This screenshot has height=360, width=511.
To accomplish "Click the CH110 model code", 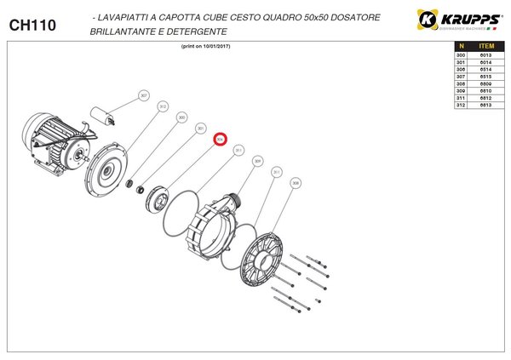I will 32,26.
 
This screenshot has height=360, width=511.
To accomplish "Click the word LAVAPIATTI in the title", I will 129,18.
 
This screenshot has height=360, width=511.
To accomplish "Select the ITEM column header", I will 487,47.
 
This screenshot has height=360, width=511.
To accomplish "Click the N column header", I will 461,47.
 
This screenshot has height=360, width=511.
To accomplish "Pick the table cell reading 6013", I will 487,55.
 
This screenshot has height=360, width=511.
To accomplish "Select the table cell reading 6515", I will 487,77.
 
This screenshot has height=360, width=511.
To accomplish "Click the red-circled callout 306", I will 221,139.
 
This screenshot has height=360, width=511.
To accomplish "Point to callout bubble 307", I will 144,95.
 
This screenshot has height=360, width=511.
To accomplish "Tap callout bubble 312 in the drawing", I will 163,106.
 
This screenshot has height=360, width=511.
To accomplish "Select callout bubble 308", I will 296,182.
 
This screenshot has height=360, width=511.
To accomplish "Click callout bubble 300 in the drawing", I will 181,117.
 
